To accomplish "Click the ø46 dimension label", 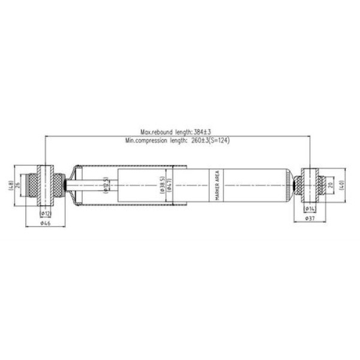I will tap(45, 223).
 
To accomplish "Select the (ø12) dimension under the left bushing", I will tap(45, 213).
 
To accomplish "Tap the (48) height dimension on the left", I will tap(10, 185).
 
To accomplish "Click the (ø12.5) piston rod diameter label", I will tap(106, 186).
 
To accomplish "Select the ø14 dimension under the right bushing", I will tap(310, 208).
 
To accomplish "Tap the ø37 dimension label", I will tap(310, 218).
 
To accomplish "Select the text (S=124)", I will tap(219, 140).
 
